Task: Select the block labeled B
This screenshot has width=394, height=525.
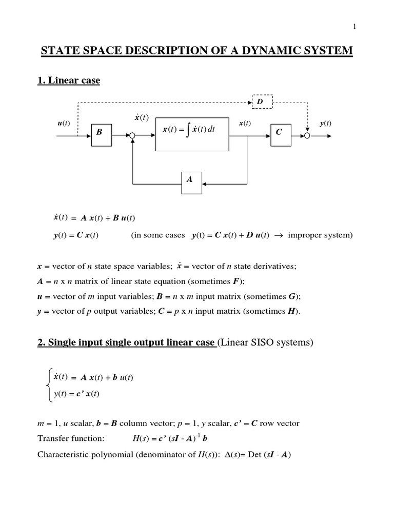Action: click(100, 135)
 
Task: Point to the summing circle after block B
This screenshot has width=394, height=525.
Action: click(132, 136)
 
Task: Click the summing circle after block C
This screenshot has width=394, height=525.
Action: click(307, 136)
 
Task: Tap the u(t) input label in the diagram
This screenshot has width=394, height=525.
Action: click(64, 124)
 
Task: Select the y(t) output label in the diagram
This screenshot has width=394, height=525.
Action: click(325, 124)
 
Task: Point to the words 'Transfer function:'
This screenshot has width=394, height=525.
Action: click(71, 438)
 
